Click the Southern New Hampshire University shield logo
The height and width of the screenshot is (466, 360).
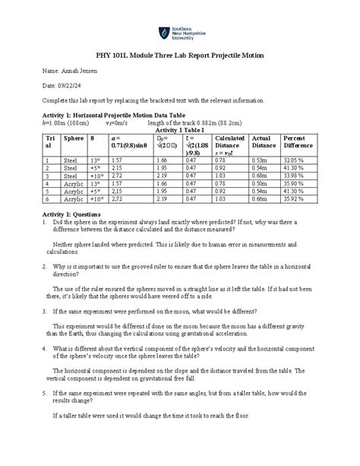click(x=163, y=33)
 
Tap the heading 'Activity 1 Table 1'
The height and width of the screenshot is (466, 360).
click(x=180, y=131)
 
